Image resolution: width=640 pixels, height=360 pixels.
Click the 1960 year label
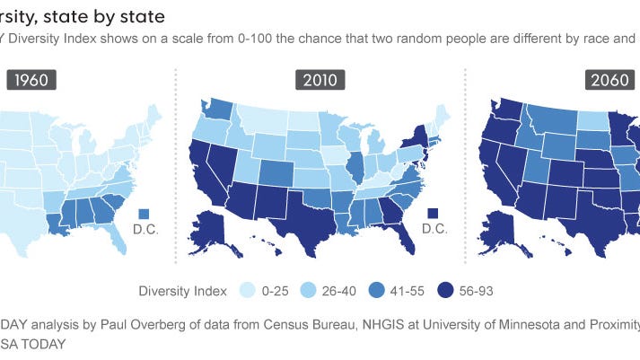pos(32,80)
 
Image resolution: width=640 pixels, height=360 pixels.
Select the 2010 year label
pos(320,80)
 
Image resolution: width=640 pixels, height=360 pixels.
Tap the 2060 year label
pos(608,80)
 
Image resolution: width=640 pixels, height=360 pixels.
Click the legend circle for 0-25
pos(242,290)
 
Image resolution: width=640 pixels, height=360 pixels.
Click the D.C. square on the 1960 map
pos(145,213)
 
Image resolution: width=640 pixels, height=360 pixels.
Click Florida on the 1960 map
pos(116,235)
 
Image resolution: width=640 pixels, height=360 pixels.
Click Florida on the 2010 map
pos(406,235)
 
